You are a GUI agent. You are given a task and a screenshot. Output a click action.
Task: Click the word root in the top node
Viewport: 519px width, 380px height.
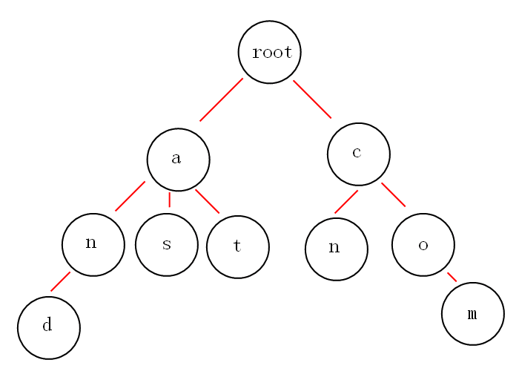pos(272,53)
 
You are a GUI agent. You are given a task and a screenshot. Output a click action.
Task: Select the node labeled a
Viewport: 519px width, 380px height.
pos(179,160)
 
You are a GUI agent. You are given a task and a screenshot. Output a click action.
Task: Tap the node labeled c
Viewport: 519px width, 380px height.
pos(359,154)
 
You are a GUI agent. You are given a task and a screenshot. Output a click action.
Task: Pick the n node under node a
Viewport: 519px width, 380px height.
pos(93,244)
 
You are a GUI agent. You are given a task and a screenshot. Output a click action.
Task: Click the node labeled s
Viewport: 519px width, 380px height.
pos(167,244)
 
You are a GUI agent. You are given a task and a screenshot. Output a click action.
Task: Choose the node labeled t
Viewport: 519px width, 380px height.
pos(238,247)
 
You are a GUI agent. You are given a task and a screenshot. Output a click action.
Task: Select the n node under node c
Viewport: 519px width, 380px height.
pos(337,249)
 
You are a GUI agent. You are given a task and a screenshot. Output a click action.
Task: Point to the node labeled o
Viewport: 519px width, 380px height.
pos(423,244)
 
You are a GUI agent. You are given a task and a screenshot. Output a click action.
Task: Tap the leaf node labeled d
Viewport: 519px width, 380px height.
pos(49,327)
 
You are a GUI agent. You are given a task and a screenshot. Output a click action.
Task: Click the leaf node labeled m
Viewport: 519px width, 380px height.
pos(473,313)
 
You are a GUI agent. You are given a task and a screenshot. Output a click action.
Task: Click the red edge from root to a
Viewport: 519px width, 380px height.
pos(221,99)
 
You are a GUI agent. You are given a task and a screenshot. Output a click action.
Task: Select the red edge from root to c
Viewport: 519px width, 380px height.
pos(312,99)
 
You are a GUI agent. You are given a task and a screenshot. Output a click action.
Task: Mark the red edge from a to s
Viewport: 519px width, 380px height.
pos(170,200)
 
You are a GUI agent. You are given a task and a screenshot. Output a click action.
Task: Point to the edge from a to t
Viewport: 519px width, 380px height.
pos(207,201)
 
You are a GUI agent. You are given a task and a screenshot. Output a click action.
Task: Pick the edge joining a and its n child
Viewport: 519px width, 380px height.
pos(130,196)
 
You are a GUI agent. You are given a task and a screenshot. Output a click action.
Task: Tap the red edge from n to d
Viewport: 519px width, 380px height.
pos(60,281)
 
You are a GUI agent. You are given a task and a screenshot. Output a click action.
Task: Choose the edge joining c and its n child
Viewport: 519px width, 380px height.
pos(346,202)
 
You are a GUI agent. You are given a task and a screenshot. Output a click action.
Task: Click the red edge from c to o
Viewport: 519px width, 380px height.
pos(393,194)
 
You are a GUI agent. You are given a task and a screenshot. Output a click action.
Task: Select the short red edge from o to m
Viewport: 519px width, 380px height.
pos(452,277)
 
